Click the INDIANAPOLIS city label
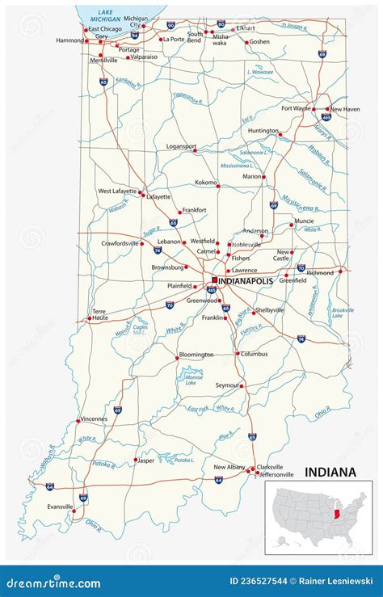click(x=250, y=281)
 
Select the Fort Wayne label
click(x=296, y=108)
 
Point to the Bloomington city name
click(x=196, y=355)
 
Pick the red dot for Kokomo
click(x=219, y=183)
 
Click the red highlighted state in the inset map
click(x=336, y=515)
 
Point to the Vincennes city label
click(x=94, y=419)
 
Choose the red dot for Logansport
click(x=194, y=149)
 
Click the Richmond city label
click(x=319, y=273)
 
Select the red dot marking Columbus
click(x=238, y=354)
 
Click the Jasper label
click(x=146, y=460)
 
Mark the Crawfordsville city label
click(x=120, y=242)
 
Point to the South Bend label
click(x=195, y=36)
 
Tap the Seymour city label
click(x=227, y=385)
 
